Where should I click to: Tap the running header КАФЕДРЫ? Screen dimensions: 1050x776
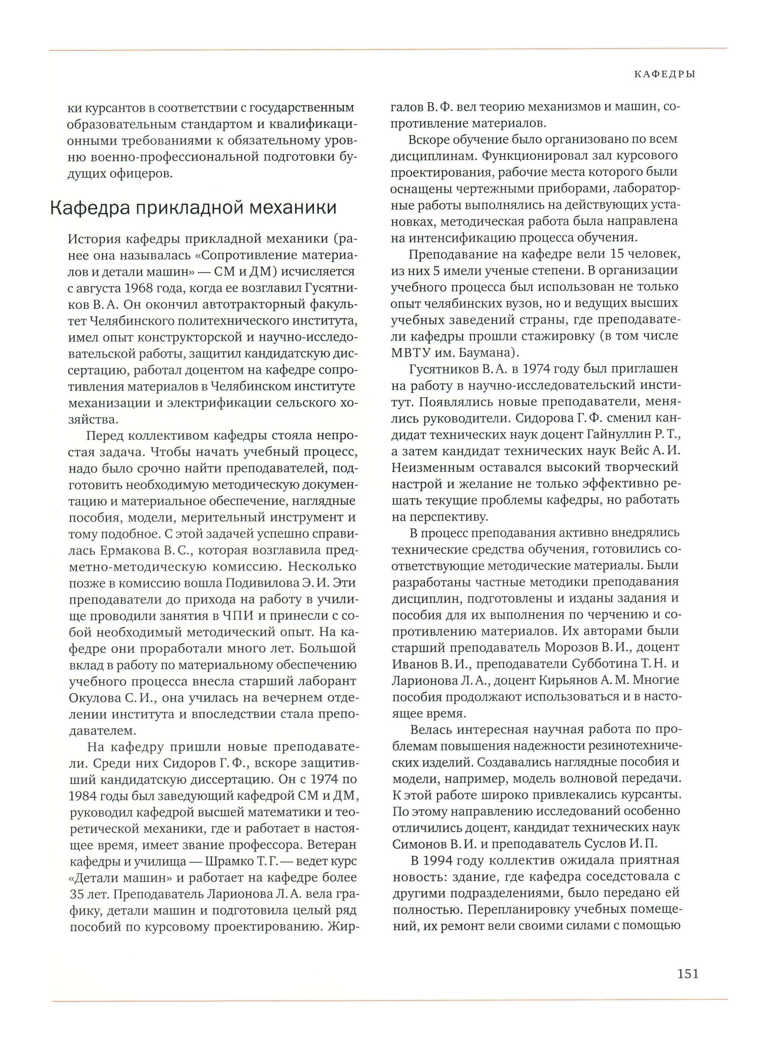[664, 74]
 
